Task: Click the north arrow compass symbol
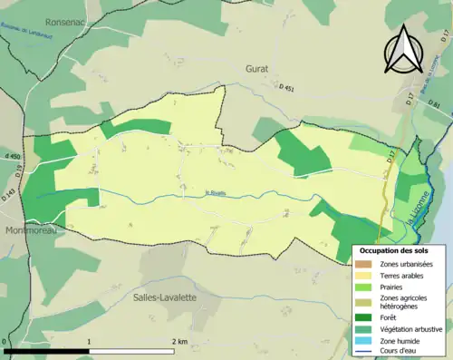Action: coord(400,50)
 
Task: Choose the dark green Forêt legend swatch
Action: coord(366,316)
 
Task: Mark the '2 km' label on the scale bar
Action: coord(178,342)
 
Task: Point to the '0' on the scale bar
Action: coord(5,342)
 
